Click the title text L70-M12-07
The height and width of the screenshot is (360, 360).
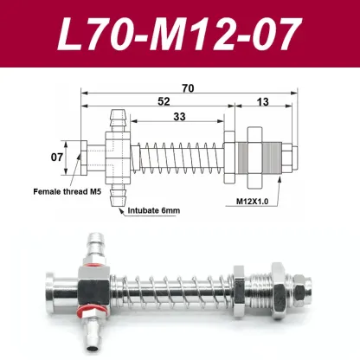click(180, 34)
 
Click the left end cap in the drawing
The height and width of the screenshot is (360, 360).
click(78, 157)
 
